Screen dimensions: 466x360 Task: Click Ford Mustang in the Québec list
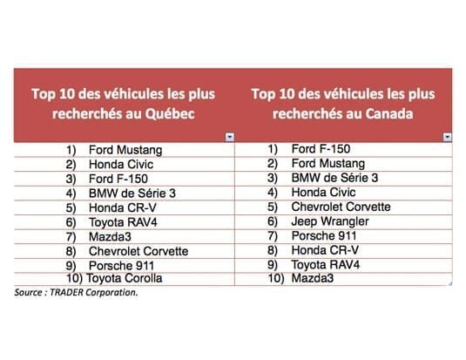pyautogui.click(x=125, y=150)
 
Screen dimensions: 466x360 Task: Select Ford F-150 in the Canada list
pyautogui.click(x=321, y=149)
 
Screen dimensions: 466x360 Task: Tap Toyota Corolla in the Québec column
pyautogui.click(x=125, y=278)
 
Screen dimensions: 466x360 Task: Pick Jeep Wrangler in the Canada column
pyautogui.click(x=330, y=221)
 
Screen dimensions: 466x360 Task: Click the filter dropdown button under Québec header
pyautogui.click(x=229, y=137)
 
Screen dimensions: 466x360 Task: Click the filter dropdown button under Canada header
pyautogui.click(x=448, y=137)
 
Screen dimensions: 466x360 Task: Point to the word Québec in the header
pyautogui.click(x=170, y=113)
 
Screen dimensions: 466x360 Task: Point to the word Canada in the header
pyautogui.click(x=389, y=113)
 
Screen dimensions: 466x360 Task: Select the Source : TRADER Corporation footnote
pyautogui.click(x=76, y=293)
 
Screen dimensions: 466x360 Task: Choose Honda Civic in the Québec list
pyautogui.click(x=121, y=164)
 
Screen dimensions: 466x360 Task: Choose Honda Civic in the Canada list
pyautogui.click(x=323, y=192)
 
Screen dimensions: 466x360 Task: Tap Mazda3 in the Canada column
pyautogui.click(x=313, y=278)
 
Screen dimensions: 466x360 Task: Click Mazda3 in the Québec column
pyautogui.click(x=110, y=237)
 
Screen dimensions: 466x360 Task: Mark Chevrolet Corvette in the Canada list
pyautogui.click(x=341, y=207)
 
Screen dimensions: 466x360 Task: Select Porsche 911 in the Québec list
pyautogui.click(x=121, y=266)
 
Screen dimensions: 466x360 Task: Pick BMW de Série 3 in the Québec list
pyautogui.click(x=132, y=194)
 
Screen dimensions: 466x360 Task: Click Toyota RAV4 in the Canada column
pyautogui.click(x=326, y=264)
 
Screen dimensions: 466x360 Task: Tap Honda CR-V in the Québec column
pyautogui.click(x=123, y=208)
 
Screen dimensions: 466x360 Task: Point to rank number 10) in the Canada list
pyautogui.click(x=276, y=278)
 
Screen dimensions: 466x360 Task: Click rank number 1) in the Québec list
pyautogui.click(x=71, y=150)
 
